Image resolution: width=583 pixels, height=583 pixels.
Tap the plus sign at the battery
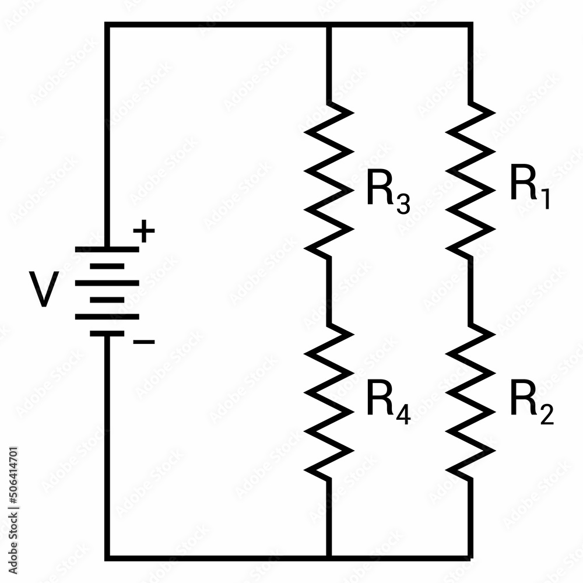[x=144, y=233]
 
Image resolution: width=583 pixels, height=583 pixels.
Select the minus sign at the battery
[x=144, y=342]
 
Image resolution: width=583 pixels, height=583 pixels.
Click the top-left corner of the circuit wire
[x=107, y=24]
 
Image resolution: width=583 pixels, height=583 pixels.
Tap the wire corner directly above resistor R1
[x=470, y=24]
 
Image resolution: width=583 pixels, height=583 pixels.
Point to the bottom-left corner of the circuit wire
[x=107, y=557]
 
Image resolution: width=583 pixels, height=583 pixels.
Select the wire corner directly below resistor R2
[x=470, y=557]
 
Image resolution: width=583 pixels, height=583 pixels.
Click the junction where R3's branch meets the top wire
[x=329, y=24]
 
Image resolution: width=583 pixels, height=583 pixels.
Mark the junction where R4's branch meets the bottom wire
[x=329, y=557]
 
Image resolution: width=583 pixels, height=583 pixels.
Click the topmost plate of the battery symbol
[x=107, y=249]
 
